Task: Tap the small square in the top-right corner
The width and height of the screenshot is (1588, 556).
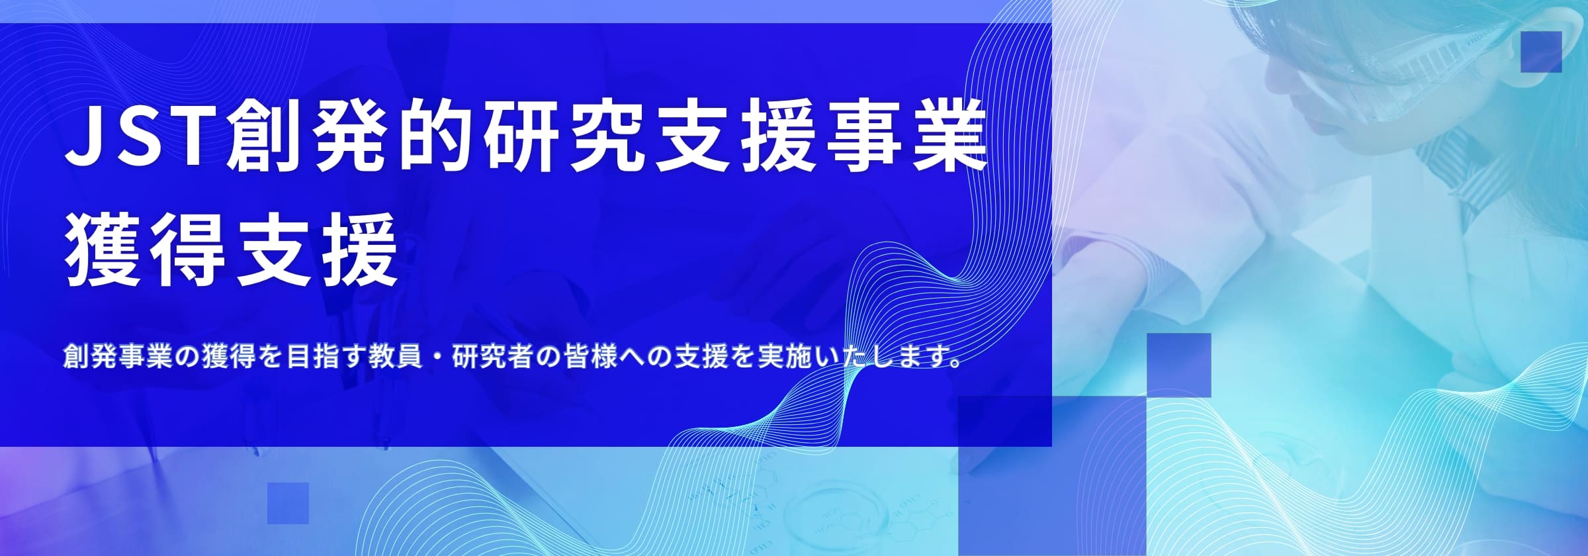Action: (x=1541, y=52)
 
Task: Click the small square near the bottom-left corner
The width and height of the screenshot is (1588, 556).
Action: (x=288, y=503)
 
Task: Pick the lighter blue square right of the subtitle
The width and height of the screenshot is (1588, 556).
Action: (x=1178, y=365)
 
